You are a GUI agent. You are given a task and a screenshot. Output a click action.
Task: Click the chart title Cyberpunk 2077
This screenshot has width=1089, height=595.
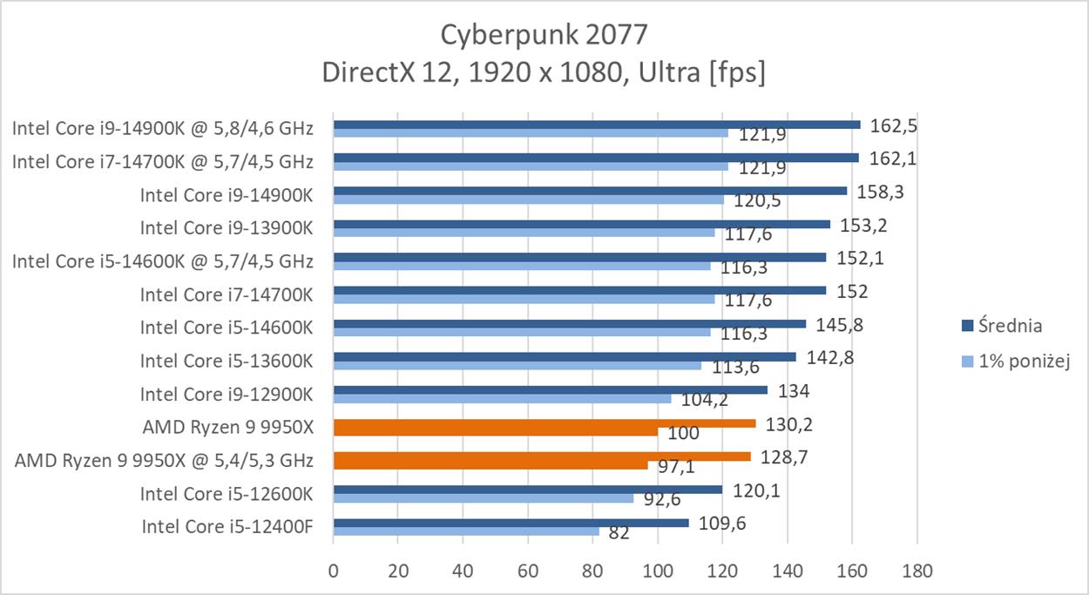pyautogui.click(x=544, y=34)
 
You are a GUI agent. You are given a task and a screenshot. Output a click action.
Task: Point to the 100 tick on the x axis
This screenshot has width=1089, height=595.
pyautogui.click(x=658, y=571)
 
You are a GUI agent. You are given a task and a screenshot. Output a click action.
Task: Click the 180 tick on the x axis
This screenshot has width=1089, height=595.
pyautogui.click(x=917, y=571)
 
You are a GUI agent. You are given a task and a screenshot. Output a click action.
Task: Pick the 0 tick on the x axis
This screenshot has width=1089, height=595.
pyautogui.click(x=333, y=571)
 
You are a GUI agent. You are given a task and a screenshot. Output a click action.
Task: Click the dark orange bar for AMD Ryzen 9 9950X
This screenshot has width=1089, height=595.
pyautogui.click(x=544, y=423)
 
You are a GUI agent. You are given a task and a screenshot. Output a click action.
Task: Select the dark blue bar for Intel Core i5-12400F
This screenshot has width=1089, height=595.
pyautogui.click(x=511, y=523)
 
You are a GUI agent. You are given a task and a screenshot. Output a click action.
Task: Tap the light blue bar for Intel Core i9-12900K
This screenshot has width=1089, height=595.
pyautogui.click(x=502, y=398)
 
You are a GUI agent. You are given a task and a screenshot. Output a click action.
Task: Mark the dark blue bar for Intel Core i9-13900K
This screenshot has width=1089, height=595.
pyautogui.click(x=581, y=224)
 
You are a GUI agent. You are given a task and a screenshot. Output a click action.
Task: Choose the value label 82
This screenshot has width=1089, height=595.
pyautogui.click(x=619, y=532)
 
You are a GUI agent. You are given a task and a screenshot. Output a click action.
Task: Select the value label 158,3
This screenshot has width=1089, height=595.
pyautogui.click(x=879, y=191)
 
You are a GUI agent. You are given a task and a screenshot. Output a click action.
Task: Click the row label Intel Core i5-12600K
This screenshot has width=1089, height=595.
pyautogui.click(x=226, y=494)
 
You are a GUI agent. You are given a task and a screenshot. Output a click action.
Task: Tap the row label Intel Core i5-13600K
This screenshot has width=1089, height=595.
pyautogui.click(x=226, y=361)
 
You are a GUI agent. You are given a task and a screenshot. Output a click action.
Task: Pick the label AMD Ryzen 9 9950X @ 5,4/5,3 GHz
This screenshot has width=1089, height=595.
pyautogui.click(x=164, y=461)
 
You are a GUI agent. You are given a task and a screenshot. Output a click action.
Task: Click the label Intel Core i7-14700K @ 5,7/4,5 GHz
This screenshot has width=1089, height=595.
pyautogui.click(x=162, y=161)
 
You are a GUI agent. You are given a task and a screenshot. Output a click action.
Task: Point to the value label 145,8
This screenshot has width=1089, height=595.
pyautogui.click(x=839, y=325)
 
